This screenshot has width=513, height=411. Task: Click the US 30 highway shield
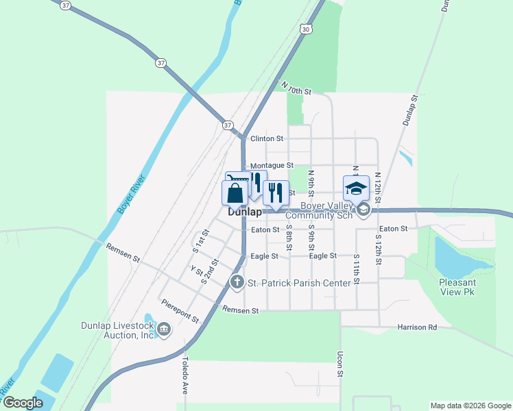[x=306, y=28]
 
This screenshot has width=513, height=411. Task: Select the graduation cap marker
[x=356, y=188]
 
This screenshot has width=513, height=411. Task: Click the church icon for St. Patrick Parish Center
[x=237, y=282]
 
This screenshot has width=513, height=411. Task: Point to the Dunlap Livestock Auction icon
[x=164, y=329]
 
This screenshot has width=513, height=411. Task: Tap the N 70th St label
[x=297, y=87]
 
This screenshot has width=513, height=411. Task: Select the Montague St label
[x=272, y=166]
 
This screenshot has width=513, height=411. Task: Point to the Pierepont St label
[x=180, y=310]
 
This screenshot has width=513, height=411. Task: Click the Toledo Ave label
[x=184, y=373]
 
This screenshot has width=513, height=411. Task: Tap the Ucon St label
[x=340, y=364]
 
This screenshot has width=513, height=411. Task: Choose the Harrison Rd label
[x=417, y=327]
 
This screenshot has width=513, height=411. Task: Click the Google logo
[x=23, y=403]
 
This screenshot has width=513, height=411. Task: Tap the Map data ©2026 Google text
[x=470, y=406]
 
